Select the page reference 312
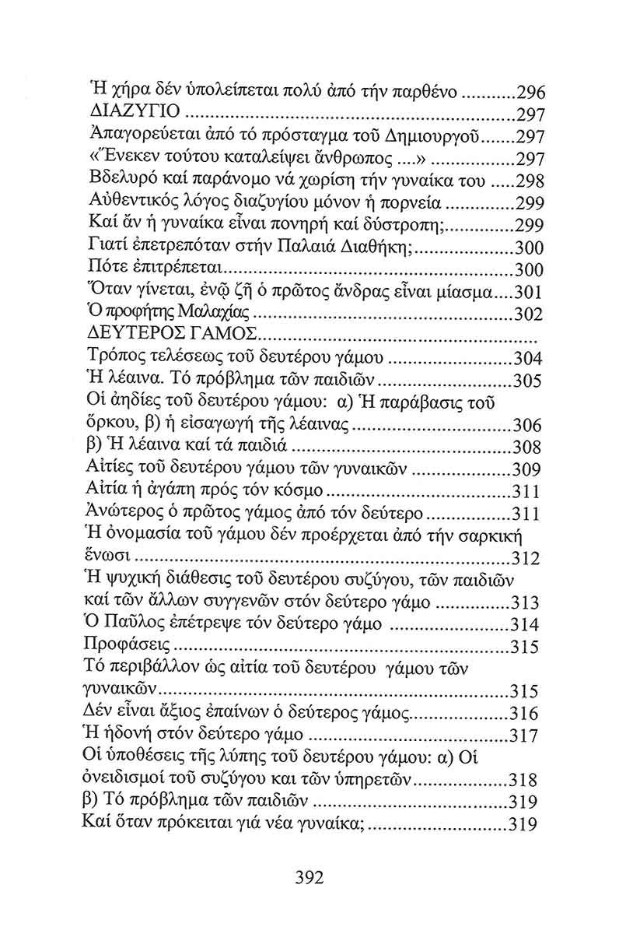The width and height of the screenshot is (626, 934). click(x=529, y=557)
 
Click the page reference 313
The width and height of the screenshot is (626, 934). click(x=529, y=602)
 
